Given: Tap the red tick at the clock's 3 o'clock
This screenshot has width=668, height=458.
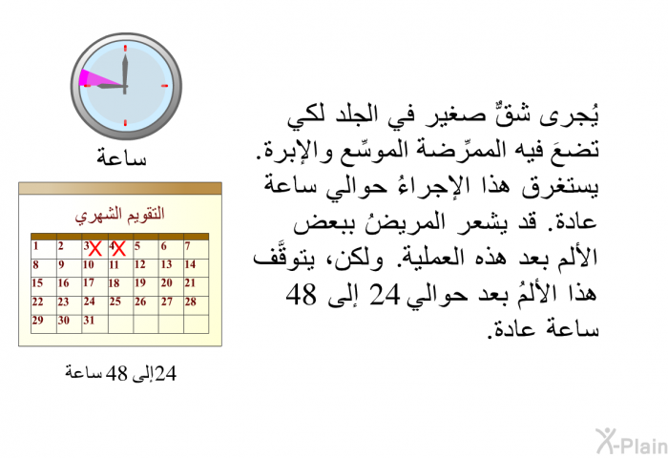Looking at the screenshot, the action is point(165,86).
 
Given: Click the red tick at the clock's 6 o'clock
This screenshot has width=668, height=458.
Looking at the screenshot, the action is point(125,123).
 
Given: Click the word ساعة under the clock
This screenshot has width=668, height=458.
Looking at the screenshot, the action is point(121,157).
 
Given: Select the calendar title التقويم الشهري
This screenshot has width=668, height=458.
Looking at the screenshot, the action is point(119,214).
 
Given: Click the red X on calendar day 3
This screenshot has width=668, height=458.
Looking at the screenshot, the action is point(95,249).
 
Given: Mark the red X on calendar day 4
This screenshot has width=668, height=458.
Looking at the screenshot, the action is point(119,249).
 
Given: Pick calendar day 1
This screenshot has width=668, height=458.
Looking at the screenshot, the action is point(36,246).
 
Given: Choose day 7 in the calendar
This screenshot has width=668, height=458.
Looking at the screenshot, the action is point(187,246).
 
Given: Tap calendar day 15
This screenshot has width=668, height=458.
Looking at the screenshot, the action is point(37,282).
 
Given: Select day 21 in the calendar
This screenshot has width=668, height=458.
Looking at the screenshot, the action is point(190,282).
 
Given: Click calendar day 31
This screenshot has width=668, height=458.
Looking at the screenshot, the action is point(89,320).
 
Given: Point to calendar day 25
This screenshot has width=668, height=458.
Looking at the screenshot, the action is point(115,302).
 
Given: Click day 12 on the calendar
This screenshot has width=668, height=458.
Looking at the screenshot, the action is point(139,264).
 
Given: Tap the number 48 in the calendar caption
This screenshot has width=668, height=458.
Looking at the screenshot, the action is point(116,373).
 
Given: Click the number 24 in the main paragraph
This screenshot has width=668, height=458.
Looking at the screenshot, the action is point(385,295).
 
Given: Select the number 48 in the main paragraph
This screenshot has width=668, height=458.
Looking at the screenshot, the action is point(302,295).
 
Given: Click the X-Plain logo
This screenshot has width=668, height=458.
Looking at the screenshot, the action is point(632,442).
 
